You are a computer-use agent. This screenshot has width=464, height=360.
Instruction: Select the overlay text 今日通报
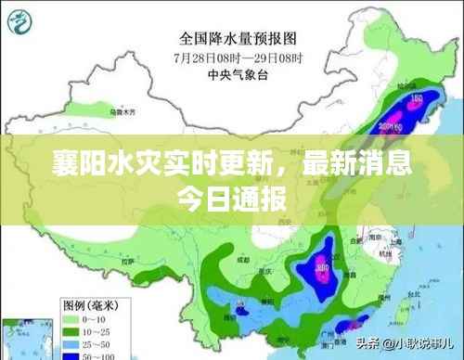coord(232,199)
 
